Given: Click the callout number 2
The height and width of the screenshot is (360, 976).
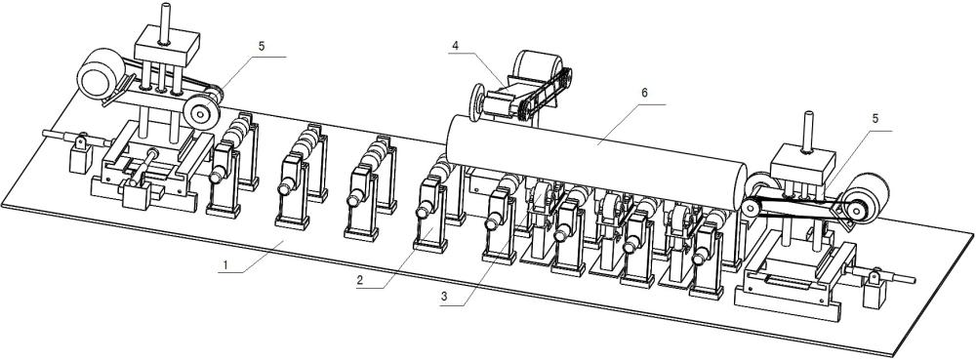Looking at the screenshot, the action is click(360, 280).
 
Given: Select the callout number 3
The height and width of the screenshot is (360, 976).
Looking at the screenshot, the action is click(443, 297).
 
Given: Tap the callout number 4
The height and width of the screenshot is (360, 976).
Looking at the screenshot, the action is click(456, 45).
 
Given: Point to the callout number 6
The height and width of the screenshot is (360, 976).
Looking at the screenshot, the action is click(644, 93).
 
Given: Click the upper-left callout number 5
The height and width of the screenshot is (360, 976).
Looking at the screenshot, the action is click(262, 46).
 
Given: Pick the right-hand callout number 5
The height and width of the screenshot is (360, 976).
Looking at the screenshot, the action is click(875, 119).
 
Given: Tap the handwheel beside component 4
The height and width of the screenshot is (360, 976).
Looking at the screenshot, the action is click(478, 102).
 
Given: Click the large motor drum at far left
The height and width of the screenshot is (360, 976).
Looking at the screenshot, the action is click(101, 74).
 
